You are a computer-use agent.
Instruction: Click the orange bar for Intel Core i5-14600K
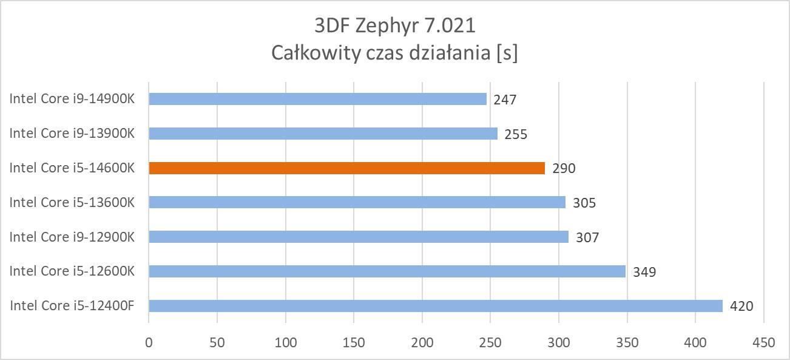[x=346, y=168]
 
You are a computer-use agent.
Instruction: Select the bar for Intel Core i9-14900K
[x=317, y=99]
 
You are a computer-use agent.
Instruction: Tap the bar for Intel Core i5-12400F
[x=435, y=305]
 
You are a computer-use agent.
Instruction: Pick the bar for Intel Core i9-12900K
[x=358, y=237]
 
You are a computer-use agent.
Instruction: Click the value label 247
[x=505, y=100]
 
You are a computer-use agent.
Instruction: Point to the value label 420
[x=741, y=306]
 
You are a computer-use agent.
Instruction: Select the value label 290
[x=564, y=169]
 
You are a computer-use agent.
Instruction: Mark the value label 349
[x=644, y=272]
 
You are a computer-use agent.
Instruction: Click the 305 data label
[x=584, y=203]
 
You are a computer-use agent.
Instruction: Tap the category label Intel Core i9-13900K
[x=72, y=134]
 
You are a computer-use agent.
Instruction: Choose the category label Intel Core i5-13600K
[x=72, y=202]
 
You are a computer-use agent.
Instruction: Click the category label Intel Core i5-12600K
[x=72, y=271]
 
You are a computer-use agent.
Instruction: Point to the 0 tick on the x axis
[x=149, y=343]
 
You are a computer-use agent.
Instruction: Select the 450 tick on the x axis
[x=764, y=343]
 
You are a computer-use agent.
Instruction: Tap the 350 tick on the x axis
[x=627, y=343]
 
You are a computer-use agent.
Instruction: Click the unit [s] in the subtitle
[x=507, y=53]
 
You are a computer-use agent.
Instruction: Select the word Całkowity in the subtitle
[x=314, y=53]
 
